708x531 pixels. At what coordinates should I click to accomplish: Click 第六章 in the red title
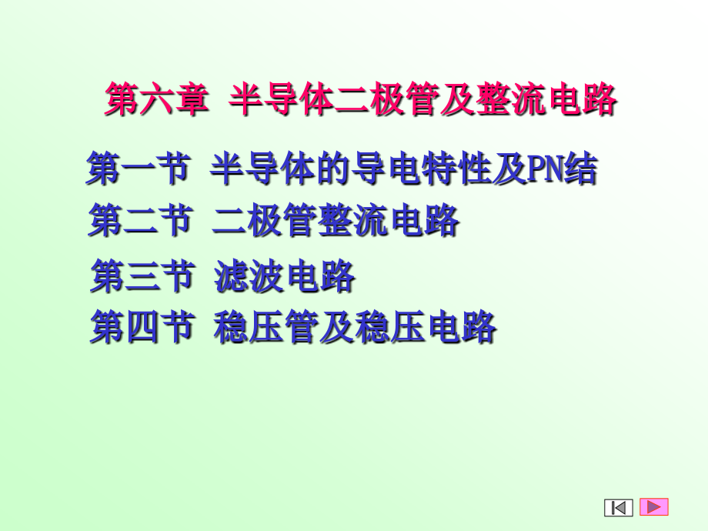(x=156, y=101)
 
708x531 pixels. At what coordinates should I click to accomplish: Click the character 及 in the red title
(x=457, y=101)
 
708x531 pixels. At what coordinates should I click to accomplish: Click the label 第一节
(x=138, y=169)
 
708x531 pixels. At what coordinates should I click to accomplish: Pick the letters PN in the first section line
(x=546, y=169)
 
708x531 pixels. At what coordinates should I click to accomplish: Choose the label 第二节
(x=139, y=222)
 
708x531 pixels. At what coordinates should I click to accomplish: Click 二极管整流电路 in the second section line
(x=336, y=222)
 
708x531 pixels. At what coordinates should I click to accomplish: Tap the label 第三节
(x=142, y=276)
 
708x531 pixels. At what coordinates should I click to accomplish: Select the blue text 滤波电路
(x=284, y=276)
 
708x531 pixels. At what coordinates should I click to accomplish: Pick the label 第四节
(x=142, y=326)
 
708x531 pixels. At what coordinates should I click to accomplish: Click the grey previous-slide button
(x=619, y=507)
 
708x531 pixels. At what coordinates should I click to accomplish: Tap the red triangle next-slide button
(x=654, y=506)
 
